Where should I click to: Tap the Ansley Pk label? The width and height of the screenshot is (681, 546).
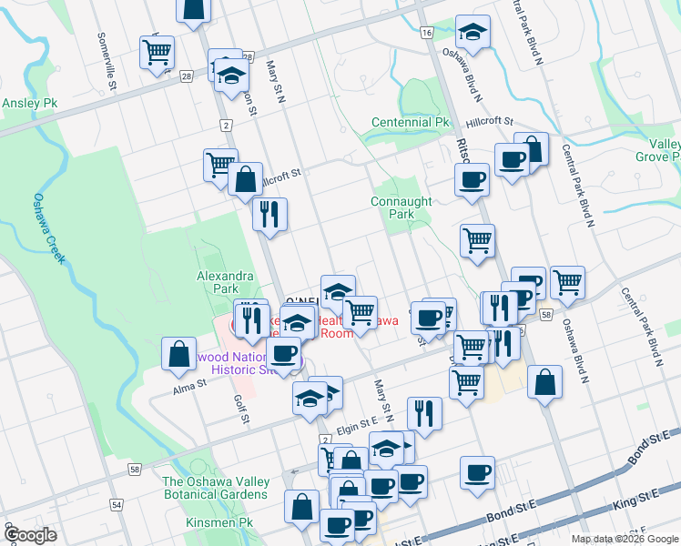click(x=29, y=104)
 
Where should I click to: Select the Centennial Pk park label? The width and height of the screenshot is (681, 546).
click(x=411, y=122)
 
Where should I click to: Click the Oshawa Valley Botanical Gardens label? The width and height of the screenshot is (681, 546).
click(x=216, y=488)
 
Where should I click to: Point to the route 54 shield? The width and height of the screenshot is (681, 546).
click(x=117, y=503)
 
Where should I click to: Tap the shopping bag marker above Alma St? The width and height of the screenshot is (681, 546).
click(x=179, y=353)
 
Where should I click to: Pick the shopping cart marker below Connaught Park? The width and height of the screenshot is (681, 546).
click(x=477, y=240)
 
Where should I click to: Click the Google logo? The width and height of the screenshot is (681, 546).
click(x=31, y=535)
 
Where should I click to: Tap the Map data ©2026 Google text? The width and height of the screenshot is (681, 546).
click(x=624, y=539)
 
